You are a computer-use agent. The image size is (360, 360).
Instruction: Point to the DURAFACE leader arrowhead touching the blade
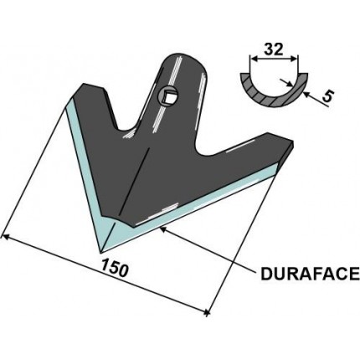click(x=160, y=226)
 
